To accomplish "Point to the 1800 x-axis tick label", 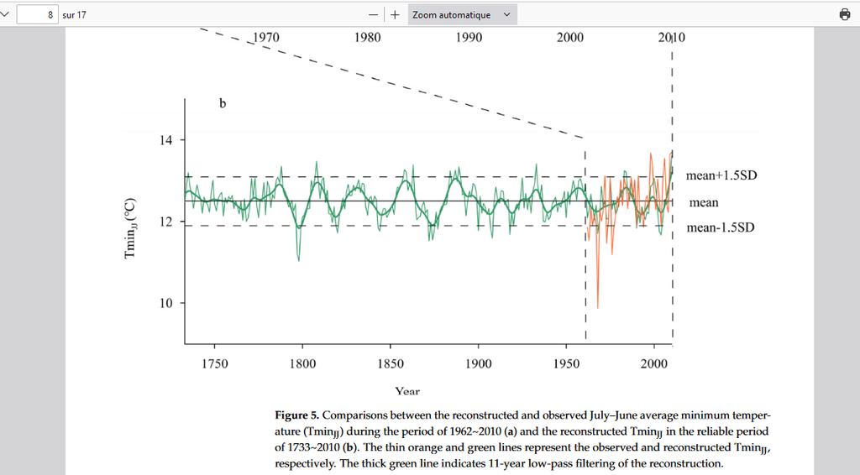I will [302, 363].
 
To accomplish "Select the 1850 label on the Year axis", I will [391, 363].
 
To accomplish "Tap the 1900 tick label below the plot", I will [479, 363].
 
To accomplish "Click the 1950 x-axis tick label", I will [567, 363].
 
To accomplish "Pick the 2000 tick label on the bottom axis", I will [654, 363].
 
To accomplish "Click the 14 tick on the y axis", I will [166, 140].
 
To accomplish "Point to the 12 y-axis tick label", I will [166, 222].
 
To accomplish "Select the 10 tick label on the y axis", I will [166, 303].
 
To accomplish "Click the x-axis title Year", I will [407, 391].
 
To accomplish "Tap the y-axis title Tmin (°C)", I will [131, 227].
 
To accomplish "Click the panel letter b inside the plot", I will [223, 104].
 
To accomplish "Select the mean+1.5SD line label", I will [721, 176].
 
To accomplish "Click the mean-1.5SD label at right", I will [720, 227].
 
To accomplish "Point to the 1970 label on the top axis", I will [266, 38].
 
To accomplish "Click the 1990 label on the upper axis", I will [469, 38].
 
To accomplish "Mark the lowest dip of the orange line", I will [597, 307].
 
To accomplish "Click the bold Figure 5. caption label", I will [296, 415].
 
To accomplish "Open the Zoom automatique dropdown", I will [462, 14].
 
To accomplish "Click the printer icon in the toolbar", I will [844, 14].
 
